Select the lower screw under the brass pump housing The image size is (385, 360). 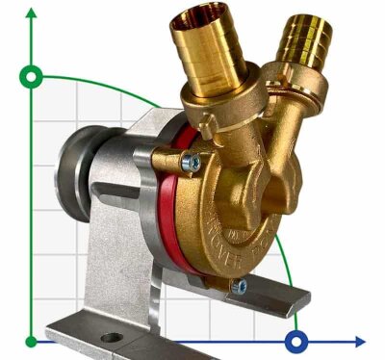(240, 286)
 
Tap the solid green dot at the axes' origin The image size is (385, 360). (33, 341)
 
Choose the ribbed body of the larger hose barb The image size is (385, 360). (207, 53)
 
